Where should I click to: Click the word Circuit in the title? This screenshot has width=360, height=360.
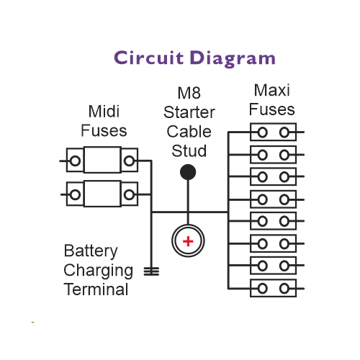pos(149,58)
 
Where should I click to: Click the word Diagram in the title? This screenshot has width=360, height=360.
pos(233,59)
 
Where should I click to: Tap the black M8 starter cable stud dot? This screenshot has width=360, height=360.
pos(188,172)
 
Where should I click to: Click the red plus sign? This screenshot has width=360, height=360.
pos(188,241)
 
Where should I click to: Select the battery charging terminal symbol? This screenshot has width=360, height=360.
pos(151,271)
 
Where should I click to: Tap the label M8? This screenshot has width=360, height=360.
pos(189,93)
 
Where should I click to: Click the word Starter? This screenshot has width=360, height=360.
pos(189,112)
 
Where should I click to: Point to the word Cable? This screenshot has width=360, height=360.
pos(189,132)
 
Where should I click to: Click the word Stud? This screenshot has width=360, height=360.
pos(189,150)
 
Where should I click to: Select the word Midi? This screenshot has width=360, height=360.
pos(104,112)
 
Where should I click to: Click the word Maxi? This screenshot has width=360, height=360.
pos(272,90)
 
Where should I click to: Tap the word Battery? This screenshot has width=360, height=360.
pos(91,251)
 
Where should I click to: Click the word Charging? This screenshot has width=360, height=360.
pos(98,271)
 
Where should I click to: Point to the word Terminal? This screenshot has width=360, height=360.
pos(96,289)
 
